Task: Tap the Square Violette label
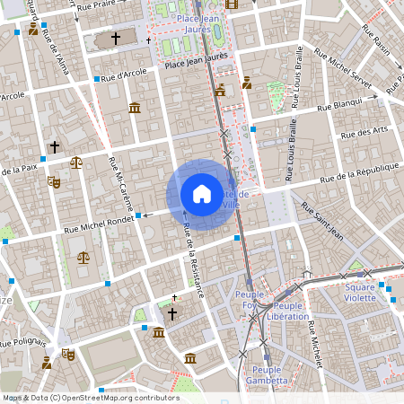[361, 292]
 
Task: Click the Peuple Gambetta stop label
[270, 374]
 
